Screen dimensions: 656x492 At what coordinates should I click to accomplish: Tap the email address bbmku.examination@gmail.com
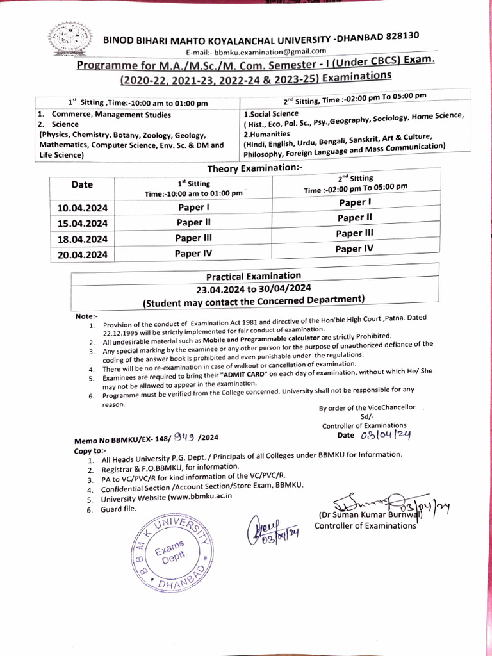[x=256, y=51]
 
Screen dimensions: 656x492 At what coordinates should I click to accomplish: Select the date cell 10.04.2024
[x=81, y=208]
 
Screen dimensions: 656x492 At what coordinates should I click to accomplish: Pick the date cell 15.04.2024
[x=81, y=224]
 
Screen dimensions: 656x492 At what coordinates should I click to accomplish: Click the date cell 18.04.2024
[x=81, y=239]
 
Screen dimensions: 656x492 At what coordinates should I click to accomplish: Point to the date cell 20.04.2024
[x=81, y=254]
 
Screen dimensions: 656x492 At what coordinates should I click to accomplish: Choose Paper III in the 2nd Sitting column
[x=354, y=234]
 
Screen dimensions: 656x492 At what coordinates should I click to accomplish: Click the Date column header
[x=82, y=184]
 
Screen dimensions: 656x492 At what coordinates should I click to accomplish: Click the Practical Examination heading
[x=253, y=276]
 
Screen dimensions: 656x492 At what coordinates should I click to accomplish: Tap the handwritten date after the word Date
[x=385, y=435]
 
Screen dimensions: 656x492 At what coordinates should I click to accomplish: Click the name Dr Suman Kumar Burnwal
[x=366, y=514]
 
